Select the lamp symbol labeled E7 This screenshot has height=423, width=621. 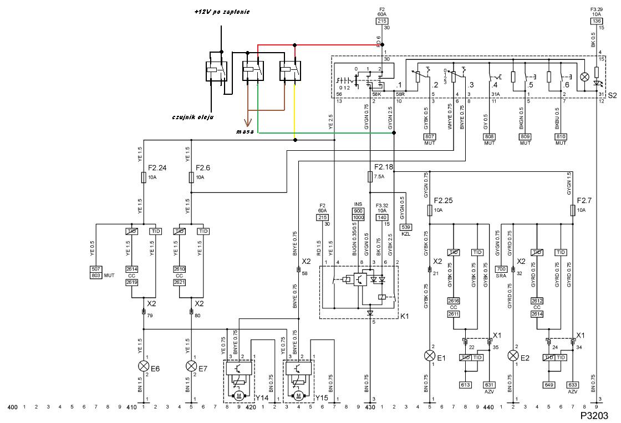192,366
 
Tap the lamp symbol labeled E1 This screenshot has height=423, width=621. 430,355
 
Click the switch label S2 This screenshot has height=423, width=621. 612,95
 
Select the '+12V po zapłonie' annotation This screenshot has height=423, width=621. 221,12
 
